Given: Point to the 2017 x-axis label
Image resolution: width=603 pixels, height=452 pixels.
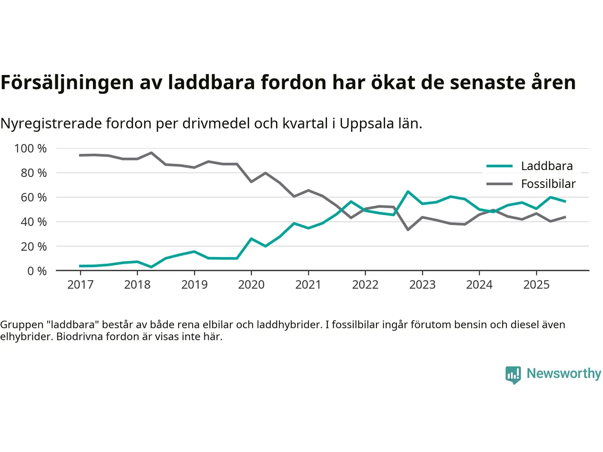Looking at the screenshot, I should click(80, 285).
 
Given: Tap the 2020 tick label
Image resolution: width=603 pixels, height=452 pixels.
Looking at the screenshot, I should click(251, 285).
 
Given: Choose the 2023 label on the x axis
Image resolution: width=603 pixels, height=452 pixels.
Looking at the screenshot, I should click(422, 285).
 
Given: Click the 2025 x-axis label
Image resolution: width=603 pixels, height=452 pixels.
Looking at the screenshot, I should click(536, 285).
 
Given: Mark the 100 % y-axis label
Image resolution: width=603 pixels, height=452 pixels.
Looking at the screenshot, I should click(31, 149).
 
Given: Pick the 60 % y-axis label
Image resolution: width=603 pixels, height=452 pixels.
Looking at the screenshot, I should click(33, 198).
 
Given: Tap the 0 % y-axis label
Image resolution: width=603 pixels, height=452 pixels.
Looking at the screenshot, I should click(37, 271).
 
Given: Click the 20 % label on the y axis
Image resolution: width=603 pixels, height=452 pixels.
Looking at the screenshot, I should click(33, 247).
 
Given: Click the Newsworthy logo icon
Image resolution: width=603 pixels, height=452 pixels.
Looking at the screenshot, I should click(513, 375).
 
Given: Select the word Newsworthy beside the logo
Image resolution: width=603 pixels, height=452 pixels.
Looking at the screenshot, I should click(563, 373).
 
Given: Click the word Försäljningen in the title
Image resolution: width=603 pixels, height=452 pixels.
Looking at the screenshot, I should click(67, 82).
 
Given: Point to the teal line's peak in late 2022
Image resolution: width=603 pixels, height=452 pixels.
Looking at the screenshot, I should click(408, 192).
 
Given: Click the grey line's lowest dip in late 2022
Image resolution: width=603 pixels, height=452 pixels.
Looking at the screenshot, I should click(408, 230).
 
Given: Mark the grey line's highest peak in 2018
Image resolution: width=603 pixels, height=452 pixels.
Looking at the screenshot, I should click(151, 153).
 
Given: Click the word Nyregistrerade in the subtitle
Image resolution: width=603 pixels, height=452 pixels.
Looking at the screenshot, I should click(51, 124).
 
